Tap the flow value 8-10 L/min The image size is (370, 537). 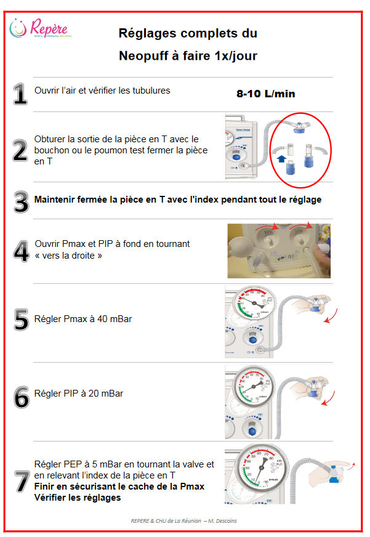pyautogui.click(x=265, y=94)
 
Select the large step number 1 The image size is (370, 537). pyautogui.click(x=20, y=94)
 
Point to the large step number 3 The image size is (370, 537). pyautogui.click(x=21, y=202)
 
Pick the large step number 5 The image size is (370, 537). pyautogui.click(x=21, y=320)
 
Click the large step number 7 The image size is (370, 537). pyautogui.click(x=22, y=481)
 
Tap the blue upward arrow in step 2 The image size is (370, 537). pyautogui.click(x=281, y=159)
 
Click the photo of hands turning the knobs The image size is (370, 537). pyautogui.click(x=279, y=251)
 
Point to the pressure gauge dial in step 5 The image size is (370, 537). pyautogui.click(x=254, y=303)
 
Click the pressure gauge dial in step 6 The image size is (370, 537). pyautogui.click(x=254, y=386)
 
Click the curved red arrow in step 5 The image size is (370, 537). pyautogui.click(x=331, y=317)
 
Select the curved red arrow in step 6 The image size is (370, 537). pyautogui.click(x=328, y=399)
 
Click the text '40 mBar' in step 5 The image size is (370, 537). pyautogui.click(x=115, y=319)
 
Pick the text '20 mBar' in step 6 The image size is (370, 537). pyautogui.click(x=106, y=394)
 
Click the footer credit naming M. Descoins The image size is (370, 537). pyautogui.click(x=183, y=521)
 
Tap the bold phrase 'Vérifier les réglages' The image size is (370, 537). pyautogui.click(x=78, y=498)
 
